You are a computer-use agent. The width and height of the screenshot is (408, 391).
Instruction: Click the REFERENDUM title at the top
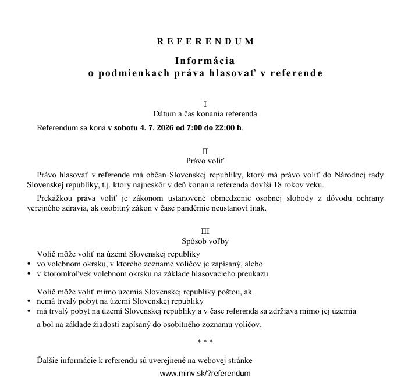tap(205, 42)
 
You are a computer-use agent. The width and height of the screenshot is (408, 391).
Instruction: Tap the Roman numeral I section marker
tap(205, 104)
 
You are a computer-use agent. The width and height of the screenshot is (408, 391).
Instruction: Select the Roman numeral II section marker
tap(205, 151)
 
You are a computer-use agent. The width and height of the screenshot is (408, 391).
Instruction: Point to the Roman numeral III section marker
tap(205, 231)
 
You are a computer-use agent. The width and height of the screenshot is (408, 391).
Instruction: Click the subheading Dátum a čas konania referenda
tap(205, 114)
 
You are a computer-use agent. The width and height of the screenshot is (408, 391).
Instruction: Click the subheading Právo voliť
tap(205, 161)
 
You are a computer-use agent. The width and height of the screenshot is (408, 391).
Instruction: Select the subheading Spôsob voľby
tap(205, 241)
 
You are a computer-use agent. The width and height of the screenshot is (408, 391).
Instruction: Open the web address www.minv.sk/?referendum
tap(205, 373)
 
